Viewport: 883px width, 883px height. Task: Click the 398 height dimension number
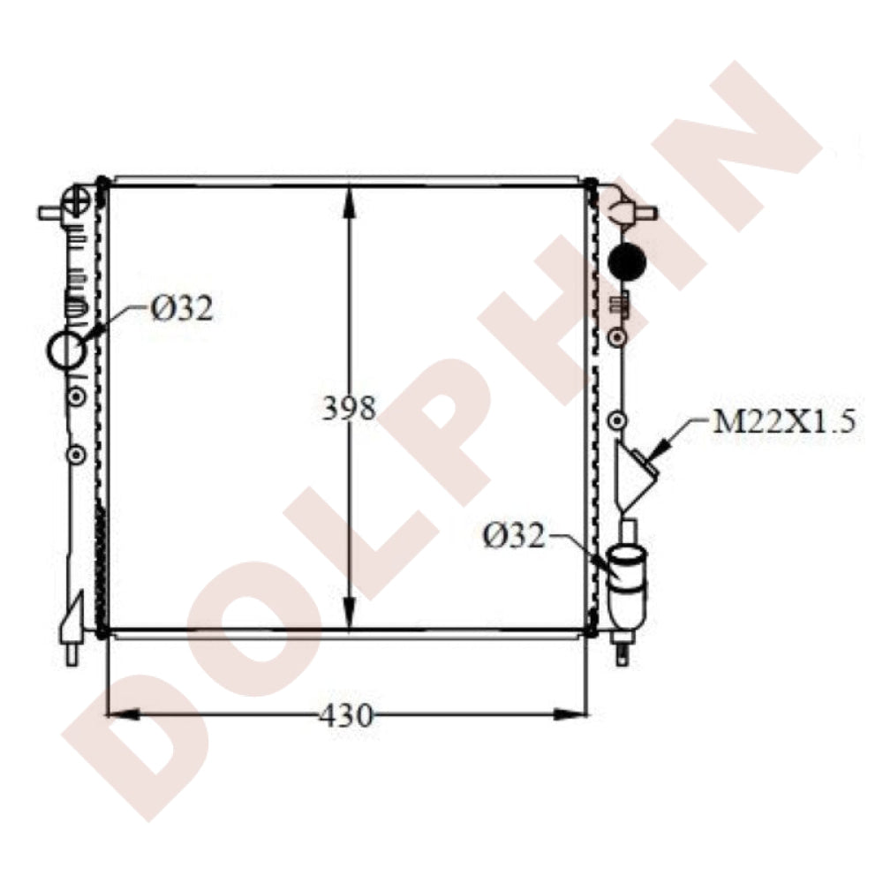click(x=349, y=408)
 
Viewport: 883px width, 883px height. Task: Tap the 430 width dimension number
click(x=346, y=716)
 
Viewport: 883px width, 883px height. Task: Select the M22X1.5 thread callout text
click(x=784, y=420)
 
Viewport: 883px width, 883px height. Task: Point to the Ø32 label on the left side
click(x=182, y=308)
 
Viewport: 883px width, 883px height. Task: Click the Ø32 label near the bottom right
click(x=514, y=536)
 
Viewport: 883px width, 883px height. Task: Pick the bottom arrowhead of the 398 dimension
click(x=349, y=614)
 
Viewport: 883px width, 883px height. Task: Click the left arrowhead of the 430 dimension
click(x=123, y=714)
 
